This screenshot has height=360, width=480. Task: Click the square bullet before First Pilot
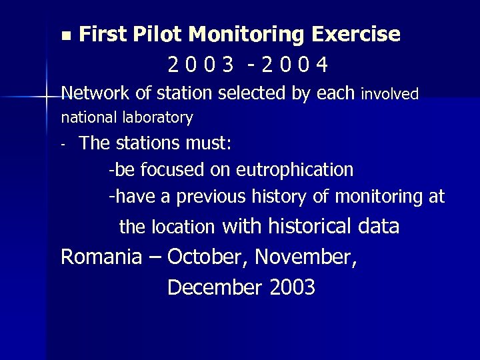pos(64,33)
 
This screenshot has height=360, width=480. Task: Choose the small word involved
pos(389,95)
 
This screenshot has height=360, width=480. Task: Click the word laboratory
pos(158,119)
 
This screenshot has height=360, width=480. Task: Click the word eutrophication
pos(295,170)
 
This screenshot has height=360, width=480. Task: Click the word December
pos(216,287)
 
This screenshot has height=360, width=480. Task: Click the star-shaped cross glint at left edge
pos(46,97)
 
